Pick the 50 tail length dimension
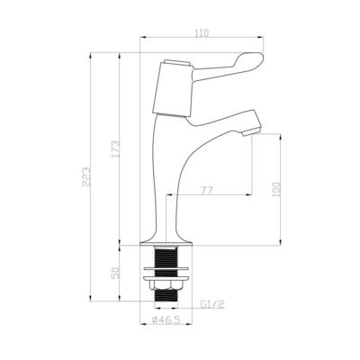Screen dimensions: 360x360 pyautogui.click(x=115, y=274)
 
